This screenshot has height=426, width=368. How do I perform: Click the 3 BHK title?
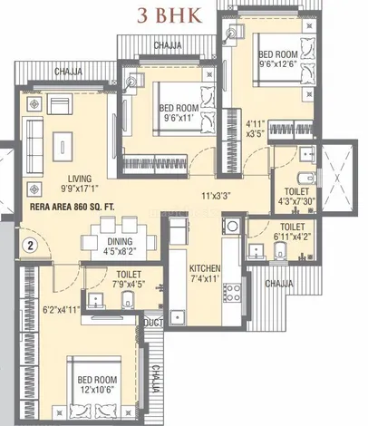[x=169, y=15]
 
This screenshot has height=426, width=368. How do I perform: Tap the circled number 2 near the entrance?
[x=30, y=245]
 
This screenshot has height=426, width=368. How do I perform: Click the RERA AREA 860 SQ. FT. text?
[x=72, y=208]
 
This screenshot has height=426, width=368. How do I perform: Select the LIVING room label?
[x=80, y=179]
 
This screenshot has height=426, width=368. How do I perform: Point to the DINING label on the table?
[x=120, y=241]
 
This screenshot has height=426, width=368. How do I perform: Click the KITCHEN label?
[x=205, y=268]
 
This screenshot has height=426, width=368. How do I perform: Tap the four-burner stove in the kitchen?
[x=232, y=293]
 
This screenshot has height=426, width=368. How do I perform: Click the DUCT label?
[x=153, y=323]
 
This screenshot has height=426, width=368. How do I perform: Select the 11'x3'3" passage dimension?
[x=216, y=196]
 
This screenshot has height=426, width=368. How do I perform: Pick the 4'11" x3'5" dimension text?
[x=256, y=129]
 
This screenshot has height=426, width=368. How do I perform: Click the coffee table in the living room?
[x=63, y=147]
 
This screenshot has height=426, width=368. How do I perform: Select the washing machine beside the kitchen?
[x=232, y=226]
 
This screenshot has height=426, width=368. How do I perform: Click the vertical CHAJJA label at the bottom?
[x=155, y=379]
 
